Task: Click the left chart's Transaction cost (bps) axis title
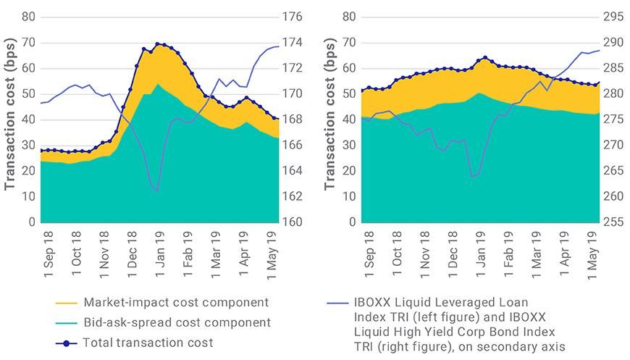click(x=10, y=120)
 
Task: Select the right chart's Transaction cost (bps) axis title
click(x=330, y=120)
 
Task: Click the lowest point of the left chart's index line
click(x=157, y=191)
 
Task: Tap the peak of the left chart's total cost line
click(x=158, y=44)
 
